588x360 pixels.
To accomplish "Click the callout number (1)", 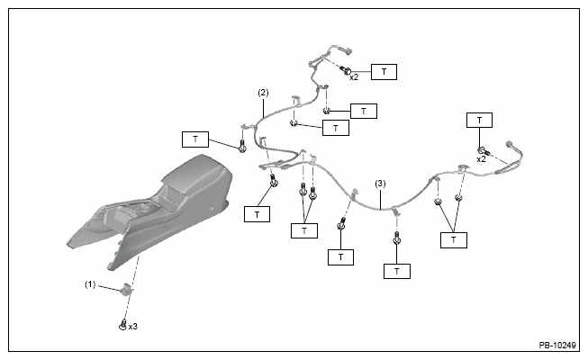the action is pyautogui.click(x=90, y=285).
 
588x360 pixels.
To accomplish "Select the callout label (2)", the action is pyautogui.click(x=263, y=93).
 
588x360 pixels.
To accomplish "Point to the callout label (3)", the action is pyautogui.click(x=380, y=184).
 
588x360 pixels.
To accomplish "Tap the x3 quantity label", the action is pyautogui.click(x=132, y=327).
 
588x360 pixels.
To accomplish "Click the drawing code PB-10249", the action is pyautogui.click(x=557, y=346).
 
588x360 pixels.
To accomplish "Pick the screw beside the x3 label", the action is pyautogui.click(x=122, y=324).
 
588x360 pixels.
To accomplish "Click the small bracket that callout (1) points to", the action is pyautogui.click(x=126, y=289).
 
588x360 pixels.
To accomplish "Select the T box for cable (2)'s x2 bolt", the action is pyautogui.click(x=384, y=72).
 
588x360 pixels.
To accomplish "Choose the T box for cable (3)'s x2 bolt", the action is pyautogui.click(x=479, y=120).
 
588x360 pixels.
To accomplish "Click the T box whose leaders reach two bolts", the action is pyautogui.click(x=304, y=230).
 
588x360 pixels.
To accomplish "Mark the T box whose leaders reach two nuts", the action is pyautogui.click(x=454, y=240).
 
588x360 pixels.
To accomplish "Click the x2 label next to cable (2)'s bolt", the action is pyautogui.click(x=354, y=77).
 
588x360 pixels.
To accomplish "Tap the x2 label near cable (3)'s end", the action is pyautogui.click(x=481, y=159).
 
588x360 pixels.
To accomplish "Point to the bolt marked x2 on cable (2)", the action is pyautogui.click(x=346, y=70).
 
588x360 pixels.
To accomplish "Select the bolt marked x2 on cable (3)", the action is pyautogui.click(x=484, y=151).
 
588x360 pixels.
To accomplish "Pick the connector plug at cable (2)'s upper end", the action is pyautogui.click(x=348, y=50).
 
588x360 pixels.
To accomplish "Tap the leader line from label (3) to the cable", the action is pyautogui.click(x=380, y=199).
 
